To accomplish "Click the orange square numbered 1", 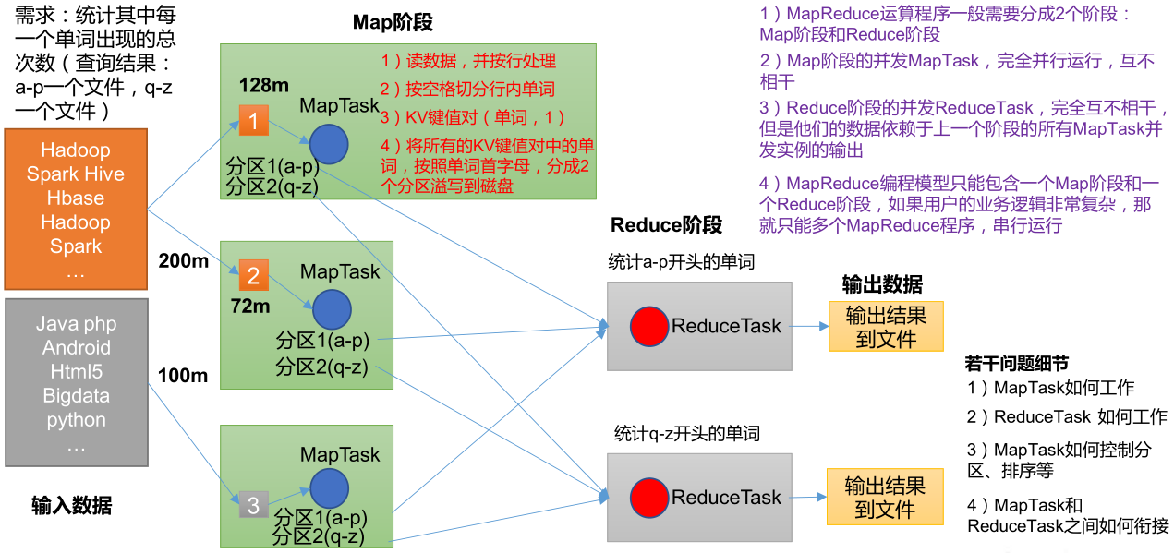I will pyautogui.click(x=254, y=120).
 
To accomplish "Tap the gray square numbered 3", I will pyautogui.click(x=253, y=504).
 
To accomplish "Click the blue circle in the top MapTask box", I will pyautogui.click(x=328, y=144).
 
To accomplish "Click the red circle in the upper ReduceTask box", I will pyautogui.click(x=649, y=326).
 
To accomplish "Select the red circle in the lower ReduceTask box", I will pyautogui.click(x=649, y=498).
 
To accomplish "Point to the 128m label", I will pyautogui.click(x=264, y=85).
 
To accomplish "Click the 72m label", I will pyautogui.click(x=249, y=306).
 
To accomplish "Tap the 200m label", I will pyautogui.click(x=183, y=261).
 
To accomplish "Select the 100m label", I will pyautogui.click(x=183, y=376).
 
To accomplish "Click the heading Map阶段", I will pyautogui.click(x=393, y=23).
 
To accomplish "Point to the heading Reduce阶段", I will pyautogui.click(x=666, y=225).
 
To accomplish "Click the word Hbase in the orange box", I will pyautogui.click(x=76, y=198).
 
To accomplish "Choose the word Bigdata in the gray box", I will pyautogui.click(x=76, y=396).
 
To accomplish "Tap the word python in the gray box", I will pyautogui.click(x=76, y=420).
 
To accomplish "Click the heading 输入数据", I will pyautogui.click(x=72, y=505).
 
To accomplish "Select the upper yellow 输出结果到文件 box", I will pyautogui.click(x=886, y=326).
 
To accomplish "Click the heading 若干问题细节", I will pyautogui.click(x=1016, y=364).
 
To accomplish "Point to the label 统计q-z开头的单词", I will pyautogui.click(x=688, y=433).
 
